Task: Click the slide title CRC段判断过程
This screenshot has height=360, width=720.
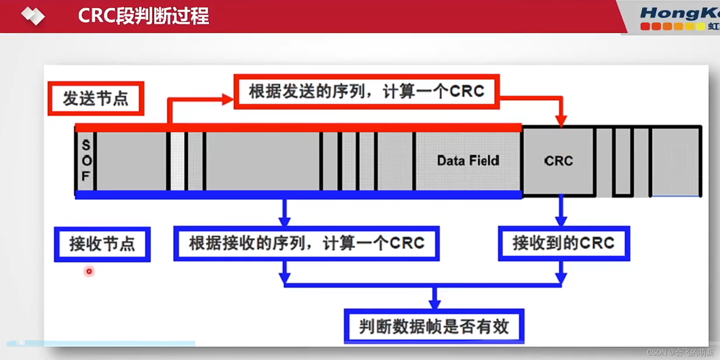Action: (x=143, y=16)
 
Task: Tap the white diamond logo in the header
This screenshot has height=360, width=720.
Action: (x=33, y=16)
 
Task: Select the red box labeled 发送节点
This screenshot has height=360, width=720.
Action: (x=96, y=98)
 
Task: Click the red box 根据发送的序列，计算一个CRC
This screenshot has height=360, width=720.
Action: (x=366, y=92)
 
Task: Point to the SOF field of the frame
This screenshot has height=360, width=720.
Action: (x=86, y=161)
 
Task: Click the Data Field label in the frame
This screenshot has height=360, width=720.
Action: (x=468, y=161)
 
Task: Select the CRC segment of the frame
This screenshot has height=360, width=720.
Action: (x=558, y=161)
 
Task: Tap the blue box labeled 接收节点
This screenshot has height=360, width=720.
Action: (x=102, y=244)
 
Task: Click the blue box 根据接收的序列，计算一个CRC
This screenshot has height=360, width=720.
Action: (x=306, y=243)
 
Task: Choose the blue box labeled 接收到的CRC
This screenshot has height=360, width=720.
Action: (x=564, y=243)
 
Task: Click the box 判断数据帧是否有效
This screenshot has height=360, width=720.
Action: (x=434, y=326)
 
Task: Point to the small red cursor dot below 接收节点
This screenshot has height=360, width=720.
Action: (x=89, y=271)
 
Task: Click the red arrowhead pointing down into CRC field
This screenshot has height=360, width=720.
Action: (x=561, y=121)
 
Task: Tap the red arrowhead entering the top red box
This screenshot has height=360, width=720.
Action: (x=228, y=99)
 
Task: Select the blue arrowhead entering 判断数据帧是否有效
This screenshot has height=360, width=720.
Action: (x=434, y=304)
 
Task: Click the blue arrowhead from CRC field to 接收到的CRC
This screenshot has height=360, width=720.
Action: (x=561, y=220)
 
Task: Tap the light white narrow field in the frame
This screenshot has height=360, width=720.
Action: (x=177, y=161)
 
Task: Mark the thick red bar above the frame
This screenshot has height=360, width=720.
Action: (x=298, y=128)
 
